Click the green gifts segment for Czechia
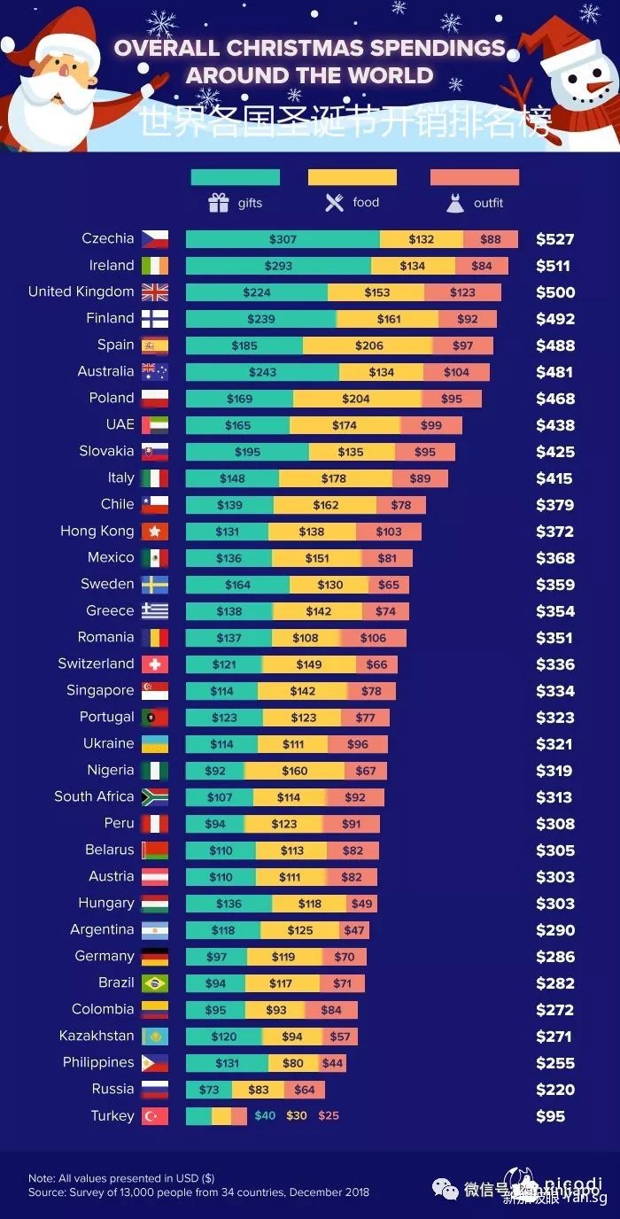[283, 239]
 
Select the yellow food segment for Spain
[368, 346]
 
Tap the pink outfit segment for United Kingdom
[462, 292]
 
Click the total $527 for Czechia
[555, 239]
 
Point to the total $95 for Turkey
[550, 1116]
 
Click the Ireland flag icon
[155, 266]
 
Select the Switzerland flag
[155, 664]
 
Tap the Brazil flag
[155, 983]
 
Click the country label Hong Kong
[97, 531]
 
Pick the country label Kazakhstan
[97, 1036]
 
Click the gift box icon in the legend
[219, 203]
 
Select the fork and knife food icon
[334, 203]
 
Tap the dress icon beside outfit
[455, 204]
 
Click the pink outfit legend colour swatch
[474, 177]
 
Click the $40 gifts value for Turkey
[265, 1116]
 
